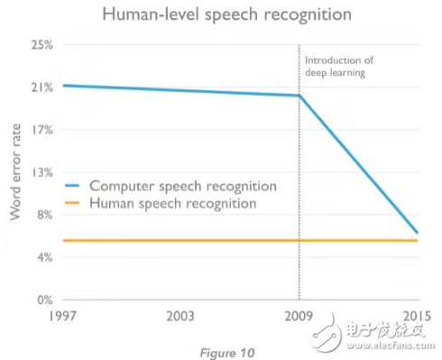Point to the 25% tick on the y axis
[x=42, y=45]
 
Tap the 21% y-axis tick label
[x=42, y=88]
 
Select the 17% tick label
[x=42, y=130]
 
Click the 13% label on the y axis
[x=42, y=172]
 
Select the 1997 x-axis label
[x=61, y=317]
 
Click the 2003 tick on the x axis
[x=180, y=317]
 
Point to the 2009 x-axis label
[x=299, y=317]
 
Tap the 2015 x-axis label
[x=417, y=317]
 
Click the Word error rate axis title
[x=15, y=172]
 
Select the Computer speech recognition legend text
[x=180, y=186]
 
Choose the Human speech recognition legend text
[x=172, y=204]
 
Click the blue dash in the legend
[x=73, y=187]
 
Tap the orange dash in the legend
[x=73, y=205]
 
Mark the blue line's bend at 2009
[x=299, y=96]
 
